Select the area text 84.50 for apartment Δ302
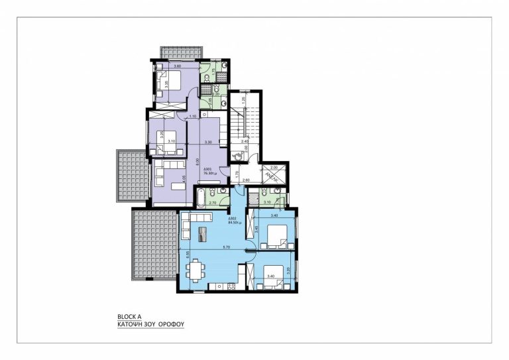(234, 223)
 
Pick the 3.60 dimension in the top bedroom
(177, 67)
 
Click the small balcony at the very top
(180, 52)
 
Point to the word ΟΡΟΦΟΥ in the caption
(171, 326)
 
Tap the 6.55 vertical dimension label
(188, 253)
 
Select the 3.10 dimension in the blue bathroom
(267, 202)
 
